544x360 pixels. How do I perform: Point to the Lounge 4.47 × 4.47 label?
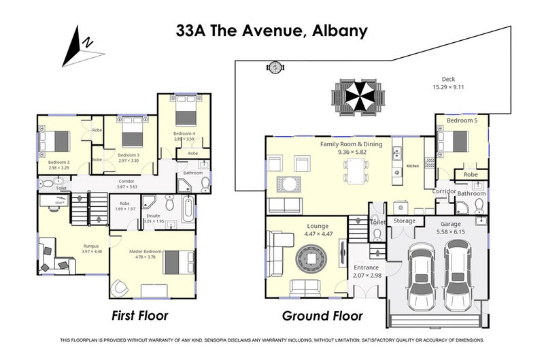[318, 230]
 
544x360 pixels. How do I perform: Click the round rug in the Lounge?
[312, 259]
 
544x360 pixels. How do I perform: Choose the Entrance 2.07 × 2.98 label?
[367, 272]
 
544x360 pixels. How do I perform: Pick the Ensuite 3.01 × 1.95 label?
[154, 217]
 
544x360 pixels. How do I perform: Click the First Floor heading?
[139, 316]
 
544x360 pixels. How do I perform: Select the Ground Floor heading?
[322, 316]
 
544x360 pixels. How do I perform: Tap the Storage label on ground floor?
[404, 221]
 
